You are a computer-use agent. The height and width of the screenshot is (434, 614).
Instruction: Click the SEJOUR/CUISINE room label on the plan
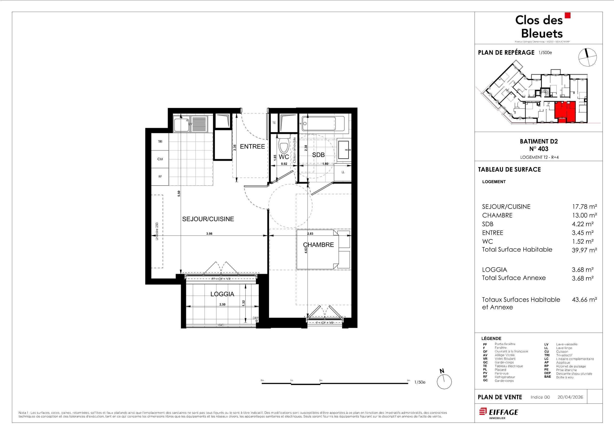208,219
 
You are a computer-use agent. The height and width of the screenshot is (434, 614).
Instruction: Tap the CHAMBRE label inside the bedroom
318,245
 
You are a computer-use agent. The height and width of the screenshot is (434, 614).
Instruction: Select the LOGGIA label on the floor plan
222,294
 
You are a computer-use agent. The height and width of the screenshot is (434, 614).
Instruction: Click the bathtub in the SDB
318,124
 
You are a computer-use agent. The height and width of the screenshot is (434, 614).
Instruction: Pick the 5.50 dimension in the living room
179,194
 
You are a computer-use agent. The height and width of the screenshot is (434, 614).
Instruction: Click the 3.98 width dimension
209,234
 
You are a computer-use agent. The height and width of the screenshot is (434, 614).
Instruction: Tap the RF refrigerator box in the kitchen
160,177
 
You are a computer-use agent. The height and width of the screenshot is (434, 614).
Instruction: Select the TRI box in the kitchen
160,142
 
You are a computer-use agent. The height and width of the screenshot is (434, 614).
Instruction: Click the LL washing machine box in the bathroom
343,172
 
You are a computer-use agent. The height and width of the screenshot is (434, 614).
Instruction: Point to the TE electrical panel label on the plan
274,123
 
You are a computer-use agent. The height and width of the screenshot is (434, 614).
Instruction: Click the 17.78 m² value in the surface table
584,207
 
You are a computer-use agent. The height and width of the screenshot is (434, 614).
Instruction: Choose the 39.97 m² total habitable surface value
584,250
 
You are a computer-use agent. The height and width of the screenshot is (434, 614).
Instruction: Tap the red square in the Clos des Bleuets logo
567,15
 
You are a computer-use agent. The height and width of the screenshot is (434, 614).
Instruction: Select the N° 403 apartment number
539,149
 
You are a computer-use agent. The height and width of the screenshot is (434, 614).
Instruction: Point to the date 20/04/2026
570,397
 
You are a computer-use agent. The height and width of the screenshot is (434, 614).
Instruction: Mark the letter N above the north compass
442,371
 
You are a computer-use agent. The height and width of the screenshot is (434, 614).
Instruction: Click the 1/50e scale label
420,382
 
